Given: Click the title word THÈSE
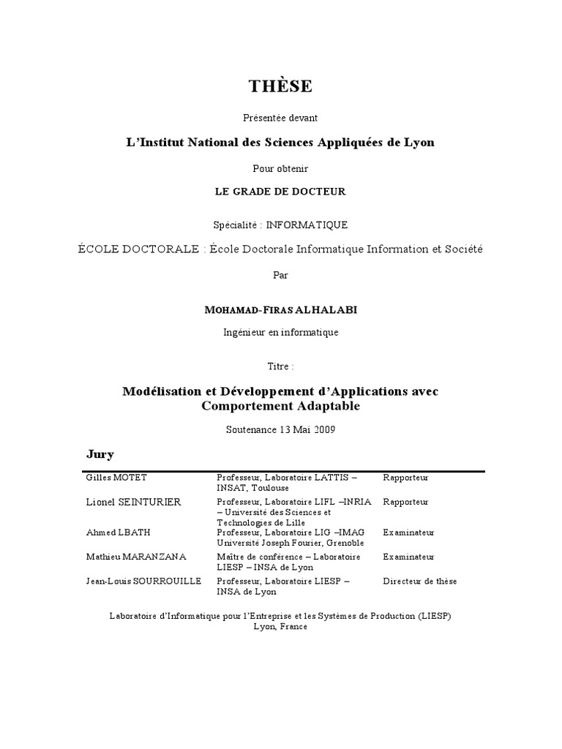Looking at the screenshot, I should pos(280,86).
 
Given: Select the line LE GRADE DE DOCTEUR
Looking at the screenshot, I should pos(280,192).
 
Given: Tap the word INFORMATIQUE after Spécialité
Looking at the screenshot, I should pos(307,225).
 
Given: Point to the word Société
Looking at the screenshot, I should pos(462,249).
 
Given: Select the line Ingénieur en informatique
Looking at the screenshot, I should pos(280,332).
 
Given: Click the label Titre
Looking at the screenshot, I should pos(280,365).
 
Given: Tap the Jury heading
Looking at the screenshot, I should pos(100,455).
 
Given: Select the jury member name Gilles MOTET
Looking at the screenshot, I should pos(116,478).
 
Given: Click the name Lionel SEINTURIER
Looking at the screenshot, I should pos(134,503).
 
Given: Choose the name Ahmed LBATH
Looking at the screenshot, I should pos(114,532).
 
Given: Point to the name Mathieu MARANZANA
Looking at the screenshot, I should pos(136,557).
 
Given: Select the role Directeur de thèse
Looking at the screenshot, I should pos(419,581).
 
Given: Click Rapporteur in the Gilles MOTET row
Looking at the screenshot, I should pos(405,478).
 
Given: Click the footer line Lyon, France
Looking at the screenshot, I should pos(280,627).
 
